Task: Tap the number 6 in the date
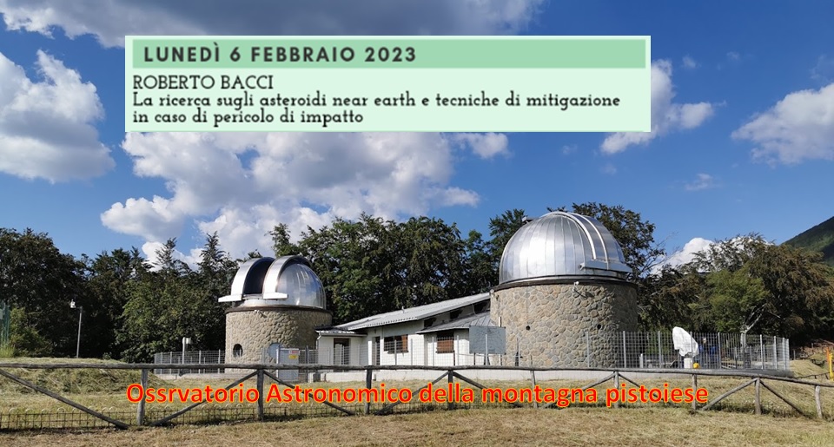click(x=235, y=54)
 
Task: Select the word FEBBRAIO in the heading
click(x=302, y=54)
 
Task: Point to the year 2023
click(x=390, y=54)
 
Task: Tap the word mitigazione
click(x=573, y=101)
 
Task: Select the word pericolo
click(x=244, y=117)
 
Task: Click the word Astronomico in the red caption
click(x=339, y=394)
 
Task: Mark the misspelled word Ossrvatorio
click(x=193, y=394)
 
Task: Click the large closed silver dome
click(x=564, y=247)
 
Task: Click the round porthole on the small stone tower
click(x=237, y=351)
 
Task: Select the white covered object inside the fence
click(x=685, y=342)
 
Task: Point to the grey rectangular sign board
click(x=487, y=340)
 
